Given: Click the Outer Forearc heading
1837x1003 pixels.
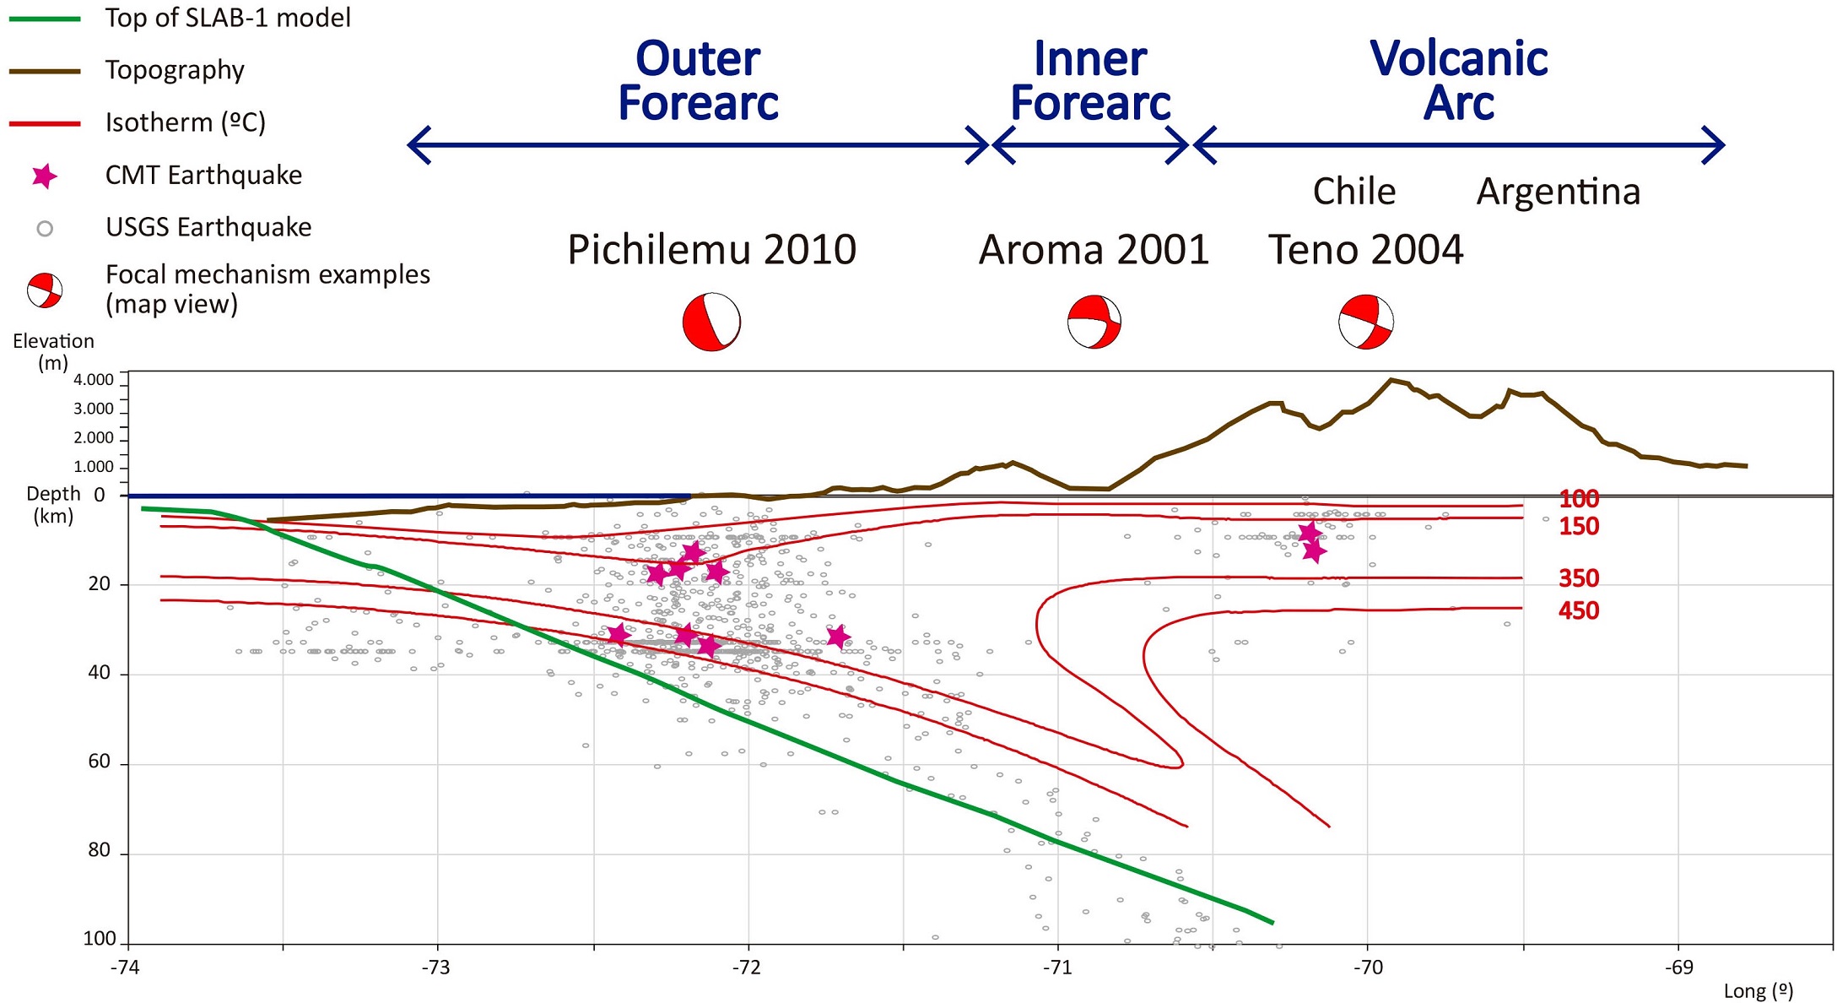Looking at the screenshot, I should pos(698,81).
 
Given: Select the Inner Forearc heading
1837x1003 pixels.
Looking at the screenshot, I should pos(1090,81).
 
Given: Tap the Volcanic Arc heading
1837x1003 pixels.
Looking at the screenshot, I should pos(1458,81).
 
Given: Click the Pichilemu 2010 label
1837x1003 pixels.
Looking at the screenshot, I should pos(711,250).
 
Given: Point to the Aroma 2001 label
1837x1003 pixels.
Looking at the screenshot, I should pos(1094,250).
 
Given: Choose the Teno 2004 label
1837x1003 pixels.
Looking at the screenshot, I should pos(1365,250).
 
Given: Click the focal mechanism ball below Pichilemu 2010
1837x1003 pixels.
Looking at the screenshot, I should pos(711,322).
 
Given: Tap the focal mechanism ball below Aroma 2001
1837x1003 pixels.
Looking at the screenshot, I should pos(1094,322).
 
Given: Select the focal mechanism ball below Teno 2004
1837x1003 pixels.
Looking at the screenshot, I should pos(1366,322).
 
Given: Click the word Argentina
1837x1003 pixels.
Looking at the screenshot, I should pos(1558,192).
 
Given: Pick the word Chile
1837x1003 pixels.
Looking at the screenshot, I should pos(1353,192).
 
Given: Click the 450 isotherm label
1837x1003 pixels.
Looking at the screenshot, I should pos(1578,610).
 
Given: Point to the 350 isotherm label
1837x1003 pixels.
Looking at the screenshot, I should pos(1578,578).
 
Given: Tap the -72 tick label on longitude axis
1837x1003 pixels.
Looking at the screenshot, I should pos(747,968).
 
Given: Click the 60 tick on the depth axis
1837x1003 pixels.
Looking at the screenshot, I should pos(100,762).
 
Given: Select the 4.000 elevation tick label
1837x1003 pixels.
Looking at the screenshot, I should pos(94,380).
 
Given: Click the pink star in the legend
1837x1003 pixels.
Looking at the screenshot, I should pos(44,176).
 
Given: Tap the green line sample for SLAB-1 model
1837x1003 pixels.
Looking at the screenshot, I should pos(45,19).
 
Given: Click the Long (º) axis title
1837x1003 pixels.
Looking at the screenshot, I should pos(1758,991).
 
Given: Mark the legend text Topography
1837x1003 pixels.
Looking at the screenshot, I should pos(175,70).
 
